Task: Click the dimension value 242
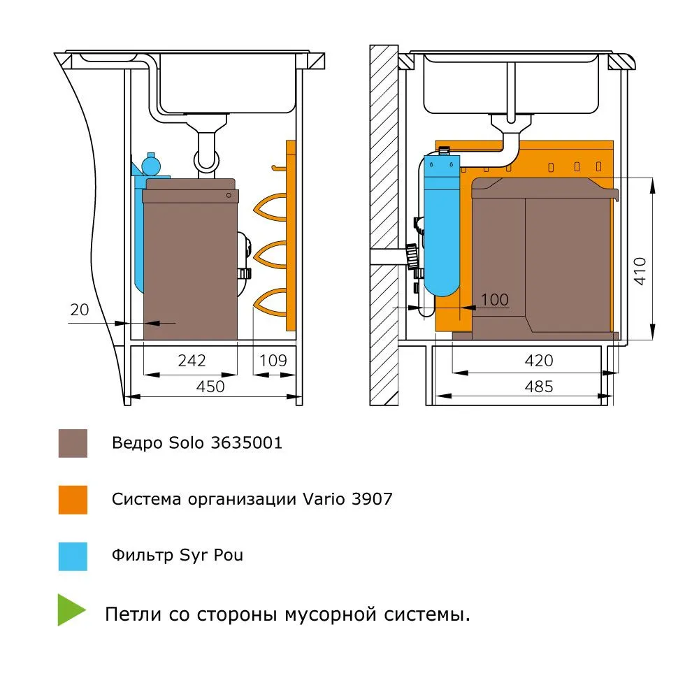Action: coord(192,360)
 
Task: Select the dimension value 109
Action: coord(273,360)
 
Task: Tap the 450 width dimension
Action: coord(210,386)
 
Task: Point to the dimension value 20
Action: coord(80,309)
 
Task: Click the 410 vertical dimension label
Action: coord(640,271)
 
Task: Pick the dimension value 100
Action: coord(495,300)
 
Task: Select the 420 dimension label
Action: coord(538,361)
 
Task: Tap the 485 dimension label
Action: coord(538,386)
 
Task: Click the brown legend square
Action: coord(73,443)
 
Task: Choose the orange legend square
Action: coord(73,500)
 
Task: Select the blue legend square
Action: coord(73,556)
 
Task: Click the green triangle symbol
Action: coord(71,610)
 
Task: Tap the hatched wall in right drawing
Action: coord(383,175)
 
